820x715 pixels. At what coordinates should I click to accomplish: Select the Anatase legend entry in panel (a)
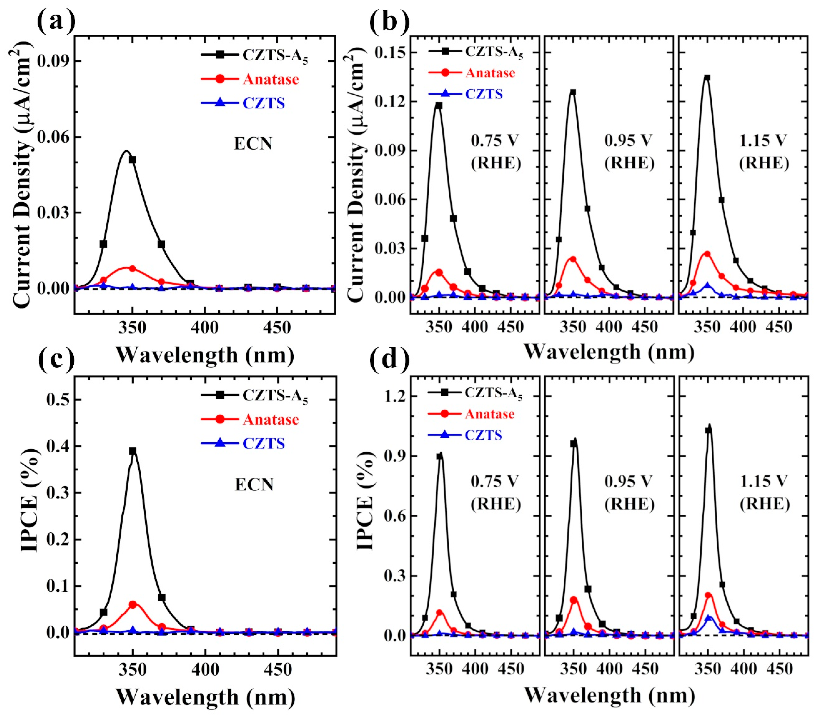coord(270,79)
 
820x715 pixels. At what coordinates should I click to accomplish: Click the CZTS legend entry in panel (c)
coord(264,443)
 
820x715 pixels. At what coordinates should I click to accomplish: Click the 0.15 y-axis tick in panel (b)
coord(389,53)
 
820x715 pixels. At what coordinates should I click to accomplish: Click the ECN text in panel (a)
coord(253,144)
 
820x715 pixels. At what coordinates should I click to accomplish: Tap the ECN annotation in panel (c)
coord(254,485)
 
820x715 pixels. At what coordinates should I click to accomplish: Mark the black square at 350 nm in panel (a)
coord(132,160)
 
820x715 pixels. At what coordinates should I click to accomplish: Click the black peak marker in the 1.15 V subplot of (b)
coord(707,78)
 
